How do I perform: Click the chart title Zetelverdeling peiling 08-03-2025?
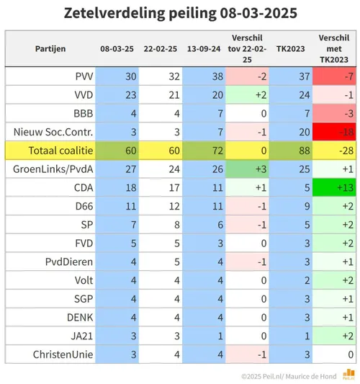[180, 13]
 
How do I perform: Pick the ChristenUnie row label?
[63, 354]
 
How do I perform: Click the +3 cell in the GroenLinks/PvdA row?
[248, 169]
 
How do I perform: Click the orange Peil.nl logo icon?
[348, 373]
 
